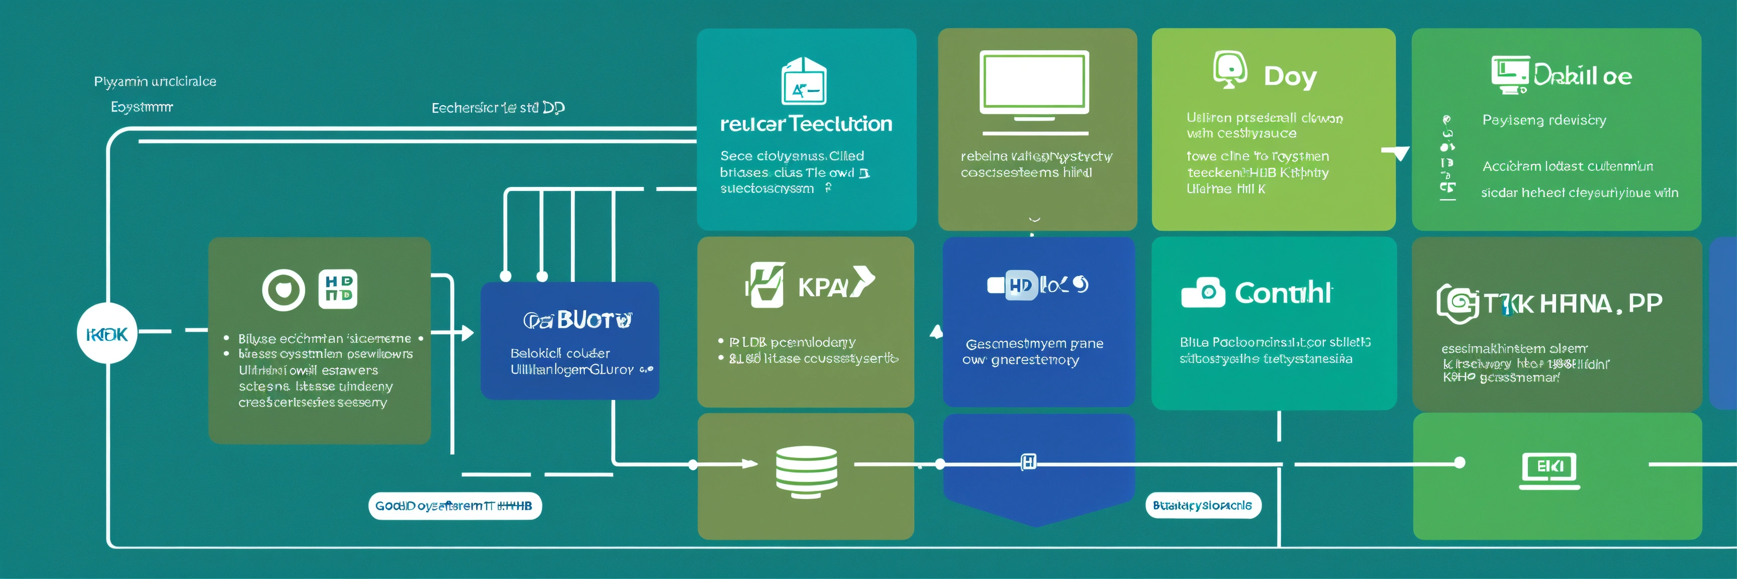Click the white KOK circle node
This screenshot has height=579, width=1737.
click(x=107, y=334)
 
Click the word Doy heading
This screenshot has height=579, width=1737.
click(x=1289, y=77)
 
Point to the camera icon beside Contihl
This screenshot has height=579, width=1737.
click(x=1202, y=293)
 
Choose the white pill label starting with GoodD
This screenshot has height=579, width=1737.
click(x=454, y=506)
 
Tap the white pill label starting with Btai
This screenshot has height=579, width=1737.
click(x=1202, y=505)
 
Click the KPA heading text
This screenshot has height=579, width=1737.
click(x=823, y=287)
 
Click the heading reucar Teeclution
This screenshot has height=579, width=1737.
click(x=806, y=124)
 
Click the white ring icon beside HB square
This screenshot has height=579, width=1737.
click(x=283, y=290)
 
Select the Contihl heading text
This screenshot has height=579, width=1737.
click(x=1283, y=293)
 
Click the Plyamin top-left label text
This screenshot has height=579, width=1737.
click(x=155, y=81)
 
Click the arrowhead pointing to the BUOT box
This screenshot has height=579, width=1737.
click(x=466, y=332)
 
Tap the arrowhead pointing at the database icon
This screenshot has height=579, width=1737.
click(x=749, y=464)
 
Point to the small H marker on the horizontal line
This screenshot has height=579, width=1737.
click(x=1028, y=462)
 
